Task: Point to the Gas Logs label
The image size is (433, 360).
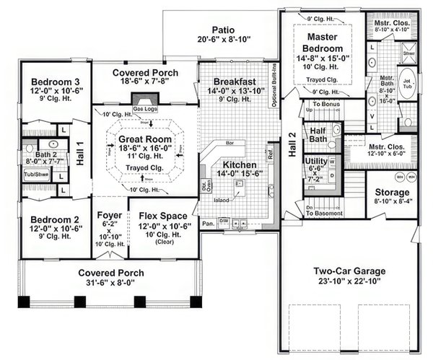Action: click(x=144, y=108)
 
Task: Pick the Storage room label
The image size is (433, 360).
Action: click(x=393, y=193)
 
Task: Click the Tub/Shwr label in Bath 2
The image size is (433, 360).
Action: click(x=34, y=174)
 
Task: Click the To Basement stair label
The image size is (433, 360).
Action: click(x=323, y=213)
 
